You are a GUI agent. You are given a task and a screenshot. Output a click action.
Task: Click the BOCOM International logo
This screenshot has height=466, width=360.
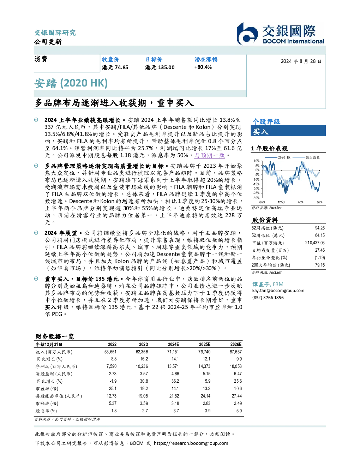(x=281, y=34)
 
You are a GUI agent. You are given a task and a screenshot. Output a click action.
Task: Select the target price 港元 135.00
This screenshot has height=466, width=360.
(x=160, y=67)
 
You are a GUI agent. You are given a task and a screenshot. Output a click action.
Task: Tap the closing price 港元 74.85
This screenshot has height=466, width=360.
(x=115, y=67)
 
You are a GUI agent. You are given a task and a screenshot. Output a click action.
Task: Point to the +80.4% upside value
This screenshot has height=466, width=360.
(x=203, y=67)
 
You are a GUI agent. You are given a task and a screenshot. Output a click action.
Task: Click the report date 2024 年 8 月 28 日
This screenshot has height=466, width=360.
(x=301, y=61)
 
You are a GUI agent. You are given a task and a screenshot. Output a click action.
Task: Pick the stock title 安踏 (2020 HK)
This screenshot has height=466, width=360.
(x=71, y=83)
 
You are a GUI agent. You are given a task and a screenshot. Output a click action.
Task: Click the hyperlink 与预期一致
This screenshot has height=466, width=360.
(x=210, y=155)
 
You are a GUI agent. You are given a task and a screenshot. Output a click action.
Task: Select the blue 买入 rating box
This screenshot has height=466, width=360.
(x=288, y=131)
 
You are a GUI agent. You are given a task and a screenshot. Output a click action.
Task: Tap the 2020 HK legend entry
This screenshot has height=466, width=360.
(x=277, y=157)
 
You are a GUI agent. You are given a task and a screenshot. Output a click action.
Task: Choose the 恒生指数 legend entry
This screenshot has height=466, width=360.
(x=306, y=157)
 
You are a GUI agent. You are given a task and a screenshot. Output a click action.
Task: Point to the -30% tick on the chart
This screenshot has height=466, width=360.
(x=257, y=198)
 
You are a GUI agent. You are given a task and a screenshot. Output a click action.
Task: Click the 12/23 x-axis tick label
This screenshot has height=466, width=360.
(x=281, y=202)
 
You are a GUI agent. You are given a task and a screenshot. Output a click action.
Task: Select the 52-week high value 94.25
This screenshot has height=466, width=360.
(x=320, y=228)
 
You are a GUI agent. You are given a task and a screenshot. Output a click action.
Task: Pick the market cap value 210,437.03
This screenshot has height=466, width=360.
(x=315, y=243)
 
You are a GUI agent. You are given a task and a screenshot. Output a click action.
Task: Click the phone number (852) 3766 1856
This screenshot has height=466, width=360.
(x=268, y=298)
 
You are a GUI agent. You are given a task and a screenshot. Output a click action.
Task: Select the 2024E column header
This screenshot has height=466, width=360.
(x=173, y=345)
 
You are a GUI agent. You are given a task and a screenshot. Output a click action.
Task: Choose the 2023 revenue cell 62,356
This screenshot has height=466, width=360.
(x=142, y=352)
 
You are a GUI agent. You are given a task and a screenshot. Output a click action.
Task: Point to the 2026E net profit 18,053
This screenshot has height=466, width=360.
(x=236, y=366)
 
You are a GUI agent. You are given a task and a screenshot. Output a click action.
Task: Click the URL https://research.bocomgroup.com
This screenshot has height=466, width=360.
(x=191, y=443)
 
